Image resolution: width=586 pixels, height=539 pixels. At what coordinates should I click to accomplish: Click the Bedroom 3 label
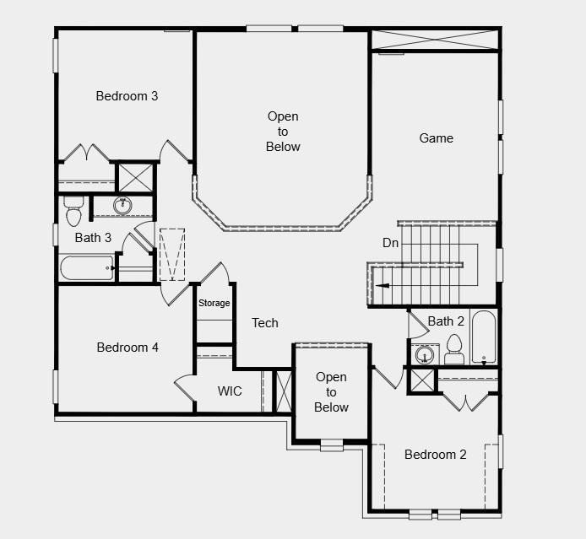(x=127, y=96)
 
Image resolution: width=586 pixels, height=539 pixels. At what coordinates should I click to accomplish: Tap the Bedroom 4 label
(x=128, y=347)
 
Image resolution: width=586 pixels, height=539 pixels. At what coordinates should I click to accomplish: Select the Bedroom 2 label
(x=435, y=455)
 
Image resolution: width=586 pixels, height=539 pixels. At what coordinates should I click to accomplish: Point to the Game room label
(x=437, y=138)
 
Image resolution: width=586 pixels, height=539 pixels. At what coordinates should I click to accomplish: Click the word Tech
(x=264, y=323)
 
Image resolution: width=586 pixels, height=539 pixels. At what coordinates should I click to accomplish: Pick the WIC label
(x=230, y=391)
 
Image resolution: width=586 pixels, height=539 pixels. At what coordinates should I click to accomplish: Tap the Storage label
(x=214, y=304)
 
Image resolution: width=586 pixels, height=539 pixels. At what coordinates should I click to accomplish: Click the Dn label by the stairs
(x=390, y=243)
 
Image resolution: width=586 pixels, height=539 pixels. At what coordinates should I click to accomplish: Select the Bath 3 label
(x=93, y=238)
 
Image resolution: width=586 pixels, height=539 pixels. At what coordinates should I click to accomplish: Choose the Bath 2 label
(x=446, y=321)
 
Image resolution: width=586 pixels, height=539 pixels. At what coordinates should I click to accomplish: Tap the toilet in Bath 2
(x=454, y=348)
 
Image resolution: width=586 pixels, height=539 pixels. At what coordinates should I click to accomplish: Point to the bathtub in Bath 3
(x=86, y=268)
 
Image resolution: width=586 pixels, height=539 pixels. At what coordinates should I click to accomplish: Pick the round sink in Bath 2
(x=421, y=354)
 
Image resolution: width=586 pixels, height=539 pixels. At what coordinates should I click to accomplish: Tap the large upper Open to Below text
(x=283, y=132)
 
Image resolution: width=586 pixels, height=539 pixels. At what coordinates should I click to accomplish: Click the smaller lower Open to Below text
(x=331, y=392)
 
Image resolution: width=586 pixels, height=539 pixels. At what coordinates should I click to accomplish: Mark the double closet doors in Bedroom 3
(x=87, y=154)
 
